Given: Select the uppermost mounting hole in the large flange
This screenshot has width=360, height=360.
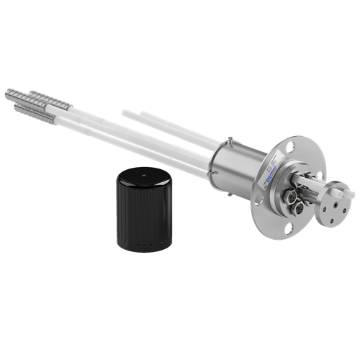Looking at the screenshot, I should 289,143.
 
